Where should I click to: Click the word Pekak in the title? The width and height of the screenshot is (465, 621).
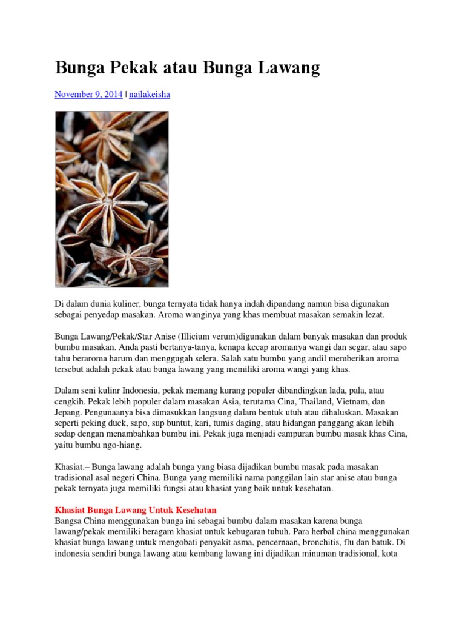point(130,69)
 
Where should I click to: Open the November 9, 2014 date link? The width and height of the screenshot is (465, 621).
point(88,95)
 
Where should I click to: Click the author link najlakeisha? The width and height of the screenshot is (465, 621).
point(150,95)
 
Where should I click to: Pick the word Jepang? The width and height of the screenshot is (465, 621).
point(69,413)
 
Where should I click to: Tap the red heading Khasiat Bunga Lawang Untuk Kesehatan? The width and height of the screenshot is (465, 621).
point(136,511)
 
